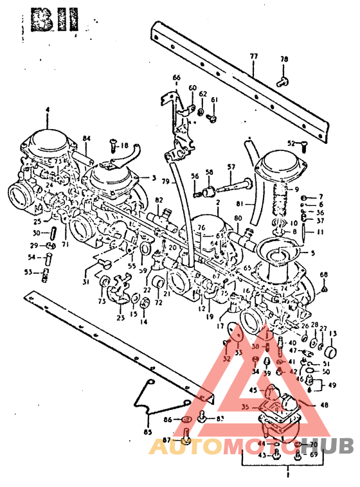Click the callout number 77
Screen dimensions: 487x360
[253, 57]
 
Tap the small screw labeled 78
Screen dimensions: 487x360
[281, 81]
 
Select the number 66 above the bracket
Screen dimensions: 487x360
[176, 78]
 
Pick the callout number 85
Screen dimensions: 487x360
[148, 432]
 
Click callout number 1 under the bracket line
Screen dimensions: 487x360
[287, 476]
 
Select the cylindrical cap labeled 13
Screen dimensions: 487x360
[329, 352]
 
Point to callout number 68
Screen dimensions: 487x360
[323, 275]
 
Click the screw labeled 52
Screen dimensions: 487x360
[303, 144]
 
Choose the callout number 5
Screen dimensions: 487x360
[313, 253]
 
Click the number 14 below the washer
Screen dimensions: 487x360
[143, 322]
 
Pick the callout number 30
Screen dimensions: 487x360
[36, 233]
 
